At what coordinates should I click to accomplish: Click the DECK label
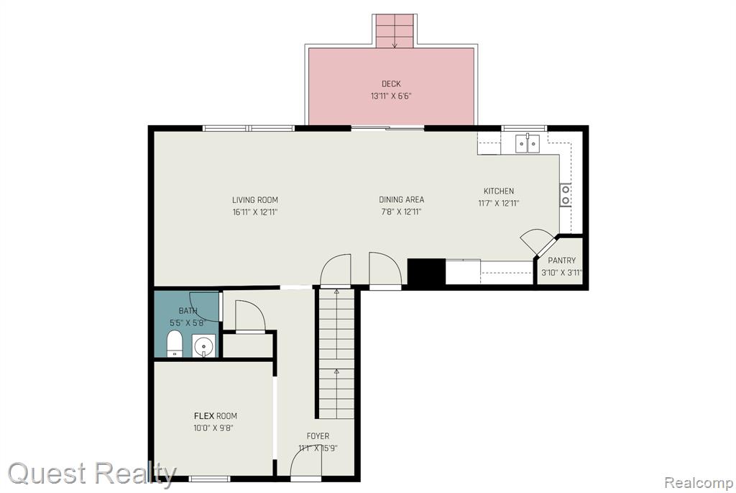[x=391, y=83]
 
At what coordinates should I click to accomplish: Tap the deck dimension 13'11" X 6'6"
[x=391, y=96]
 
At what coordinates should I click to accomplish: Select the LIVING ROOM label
[x=255, y=200]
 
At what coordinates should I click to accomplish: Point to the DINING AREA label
[x=401, y=200]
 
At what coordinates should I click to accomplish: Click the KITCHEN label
[x=499, y=191]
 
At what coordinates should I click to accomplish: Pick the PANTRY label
[x=561, y=261]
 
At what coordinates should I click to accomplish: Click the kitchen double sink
[x=528, y=143]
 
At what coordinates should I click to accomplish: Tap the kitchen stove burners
[x=565, y=195]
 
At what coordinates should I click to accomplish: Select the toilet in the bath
[x=175, y=344]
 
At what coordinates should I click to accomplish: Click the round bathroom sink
[x=203, y=346]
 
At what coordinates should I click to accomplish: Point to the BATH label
[x=188, y=311]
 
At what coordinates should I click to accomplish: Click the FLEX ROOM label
[x=216, y=416]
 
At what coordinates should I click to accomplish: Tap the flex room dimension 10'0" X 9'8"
[x=213, y=428]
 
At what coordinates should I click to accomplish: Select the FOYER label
[x=318, y=436]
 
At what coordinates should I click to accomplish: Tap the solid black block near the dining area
[x=426, y=271]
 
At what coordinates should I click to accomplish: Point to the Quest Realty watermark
[x=92, y=473]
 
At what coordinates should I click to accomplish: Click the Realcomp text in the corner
[x=698, y=482]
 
